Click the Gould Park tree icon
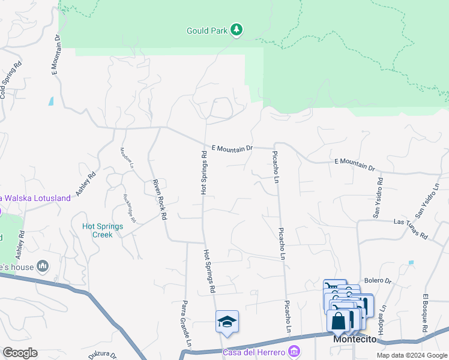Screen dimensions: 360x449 pos(237,29)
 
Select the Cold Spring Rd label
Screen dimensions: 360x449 pos(11,80)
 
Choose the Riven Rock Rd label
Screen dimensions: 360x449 pos(159,199)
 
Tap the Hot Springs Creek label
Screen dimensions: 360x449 pos(103,230)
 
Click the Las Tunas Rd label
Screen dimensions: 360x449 pos(411,228)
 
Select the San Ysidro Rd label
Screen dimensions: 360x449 pos(379,197)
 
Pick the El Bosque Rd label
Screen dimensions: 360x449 pos(425,314)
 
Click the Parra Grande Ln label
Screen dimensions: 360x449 pos(186,323)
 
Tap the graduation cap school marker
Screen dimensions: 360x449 pos(228,322)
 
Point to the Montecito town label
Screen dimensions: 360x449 pos(355,340)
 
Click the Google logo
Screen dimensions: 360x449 pos(20,353)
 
